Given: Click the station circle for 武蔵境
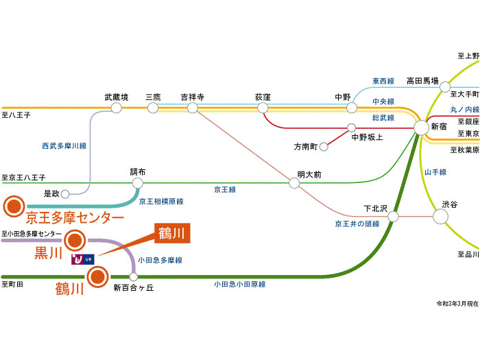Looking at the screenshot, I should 117,108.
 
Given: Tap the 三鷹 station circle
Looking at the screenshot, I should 153,108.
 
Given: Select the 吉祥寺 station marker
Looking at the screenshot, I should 193,108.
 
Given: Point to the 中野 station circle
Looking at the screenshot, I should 352,108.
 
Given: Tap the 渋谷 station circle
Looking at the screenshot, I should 440,216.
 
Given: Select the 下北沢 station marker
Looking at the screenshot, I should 394,217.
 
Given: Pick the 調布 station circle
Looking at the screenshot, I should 138,183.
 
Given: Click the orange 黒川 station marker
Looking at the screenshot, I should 75,240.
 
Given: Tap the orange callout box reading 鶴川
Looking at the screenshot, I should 170,233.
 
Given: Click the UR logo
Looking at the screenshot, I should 82,259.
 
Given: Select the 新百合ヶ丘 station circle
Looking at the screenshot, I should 134,277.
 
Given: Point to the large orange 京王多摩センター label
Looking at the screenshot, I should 75,218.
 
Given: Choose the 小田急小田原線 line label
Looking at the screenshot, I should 239,284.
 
